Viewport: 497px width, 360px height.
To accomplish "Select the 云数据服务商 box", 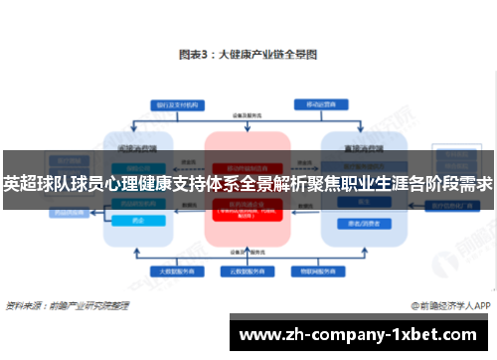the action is pos(248,270).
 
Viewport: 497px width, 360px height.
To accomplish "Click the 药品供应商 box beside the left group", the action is pos(69,212).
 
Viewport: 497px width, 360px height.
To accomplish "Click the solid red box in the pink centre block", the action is pos(248,165).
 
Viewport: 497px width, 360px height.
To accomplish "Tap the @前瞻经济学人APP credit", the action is pos(451,304).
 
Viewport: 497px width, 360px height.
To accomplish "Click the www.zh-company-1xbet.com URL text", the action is pos(361,335).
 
